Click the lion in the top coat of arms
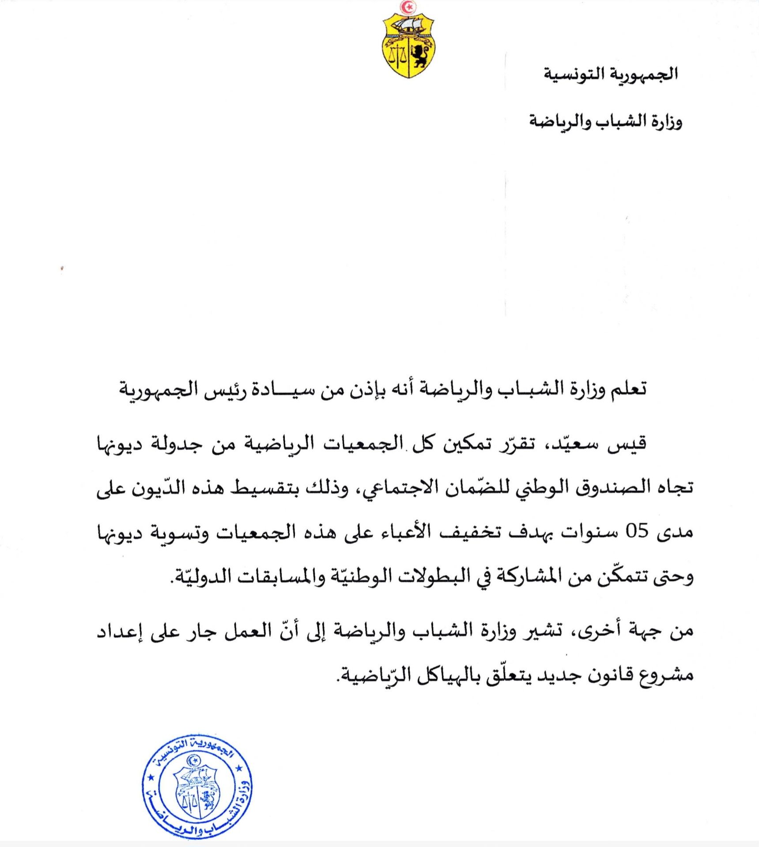[419, 56]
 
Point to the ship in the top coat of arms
[408, 26]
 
